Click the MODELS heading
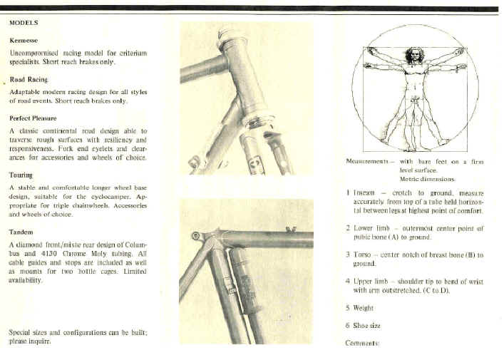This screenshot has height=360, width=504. point(24,23)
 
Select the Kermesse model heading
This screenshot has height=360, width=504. point(24,41)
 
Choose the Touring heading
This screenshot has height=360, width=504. point(21,174)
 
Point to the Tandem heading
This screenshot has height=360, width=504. point(21,232)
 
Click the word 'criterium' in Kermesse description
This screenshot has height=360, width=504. point(133,53)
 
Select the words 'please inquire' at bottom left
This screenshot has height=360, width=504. point(29,341)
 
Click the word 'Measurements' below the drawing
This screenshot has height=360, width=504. point(367,163)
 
